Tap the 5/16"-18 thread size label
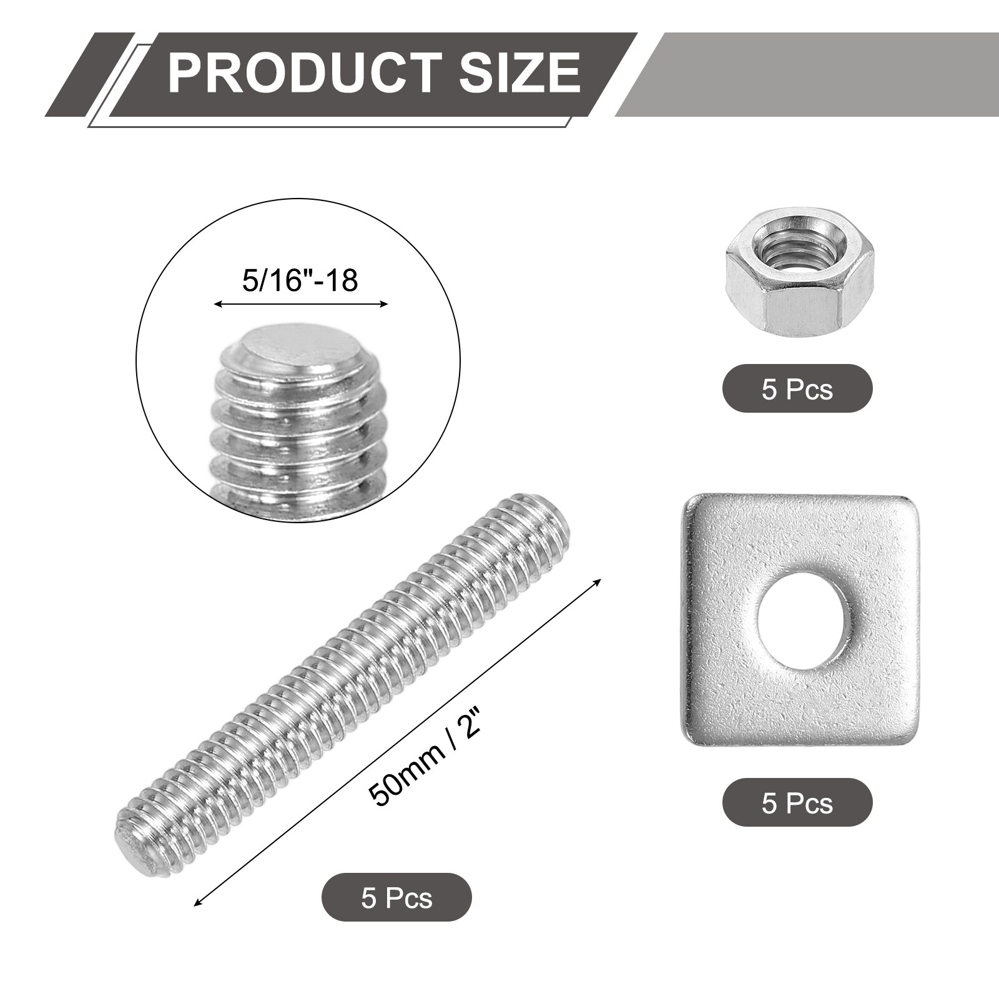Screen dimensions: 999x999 300,280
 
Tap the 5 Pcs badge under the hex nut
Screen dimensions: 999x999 797,389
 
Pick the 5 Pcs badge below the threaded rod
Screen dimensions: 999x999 396,898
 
